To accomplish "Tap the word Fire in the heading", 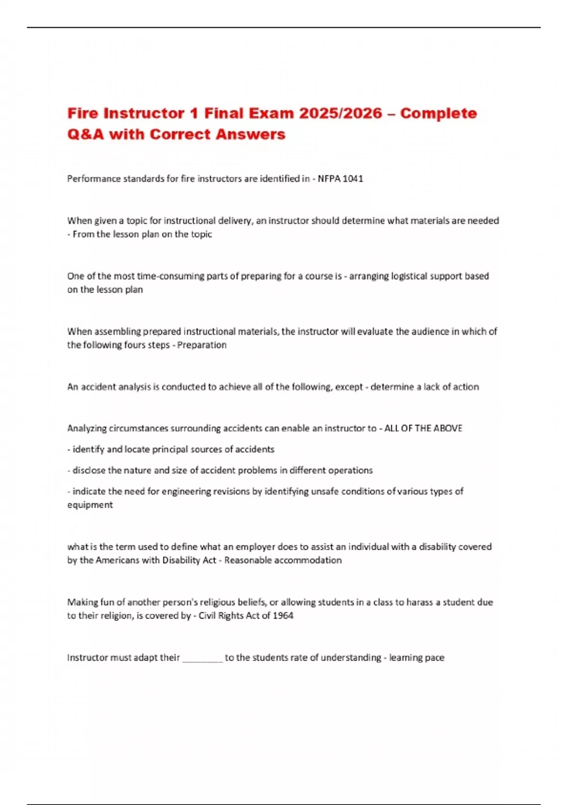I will point(82,114).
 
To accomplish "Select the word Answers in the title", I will point(250,134).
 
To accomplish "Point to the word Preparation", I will point(202,345).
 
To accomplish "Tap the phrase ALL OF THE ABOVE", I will point(423,429).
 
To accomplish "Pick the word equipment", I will point(90,505).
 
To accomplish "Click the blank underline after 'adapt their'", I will point(202,658).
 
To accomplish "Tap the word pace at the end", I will point(435,658).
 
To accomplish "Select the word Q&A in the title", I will point(85,134).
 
